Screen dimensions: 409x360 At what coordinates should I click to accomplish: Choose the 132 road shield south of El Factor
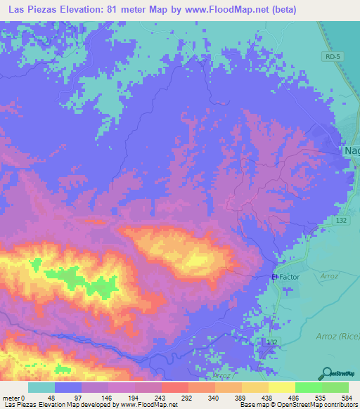(x=271, y=341)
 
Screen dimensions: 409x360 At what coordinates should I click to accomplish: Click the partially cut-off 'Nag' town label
(x=351, y=150)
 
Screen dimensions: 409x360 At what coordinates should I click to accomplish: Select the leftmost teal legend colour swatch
(x=41, y=387)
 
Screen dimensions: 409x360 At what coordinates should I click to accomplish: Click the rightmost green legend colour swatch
(x=335, y=387)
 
